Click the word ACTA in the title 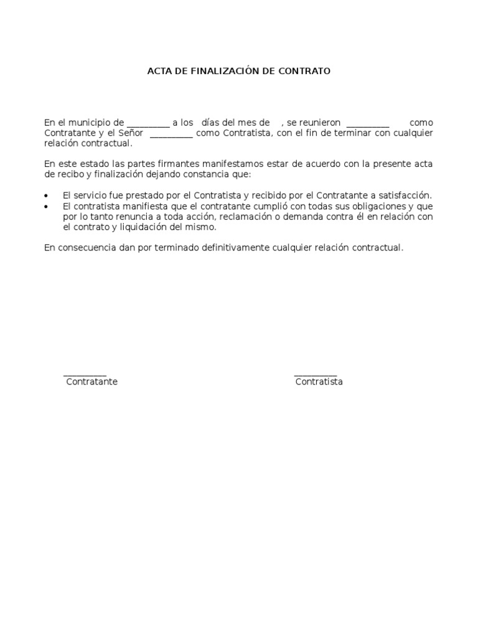tap(159, 71)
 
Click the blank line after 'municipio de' tap(148, 125)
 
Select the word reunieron tap(320, 123)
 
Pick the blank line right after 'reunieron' tap(367, 125)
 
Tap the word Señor tap(131, 133)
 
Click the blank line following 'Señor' tap(172, 136)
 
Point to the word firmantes tap(190, 164)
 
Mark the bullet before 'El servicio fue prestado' tap(47, 196)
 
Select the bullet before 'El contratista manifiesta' tap(47, 206)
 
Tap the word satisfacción tap(405, 196)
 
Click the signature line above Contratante tap(85, 375)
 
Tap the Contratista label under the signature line tap(319, 382)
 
